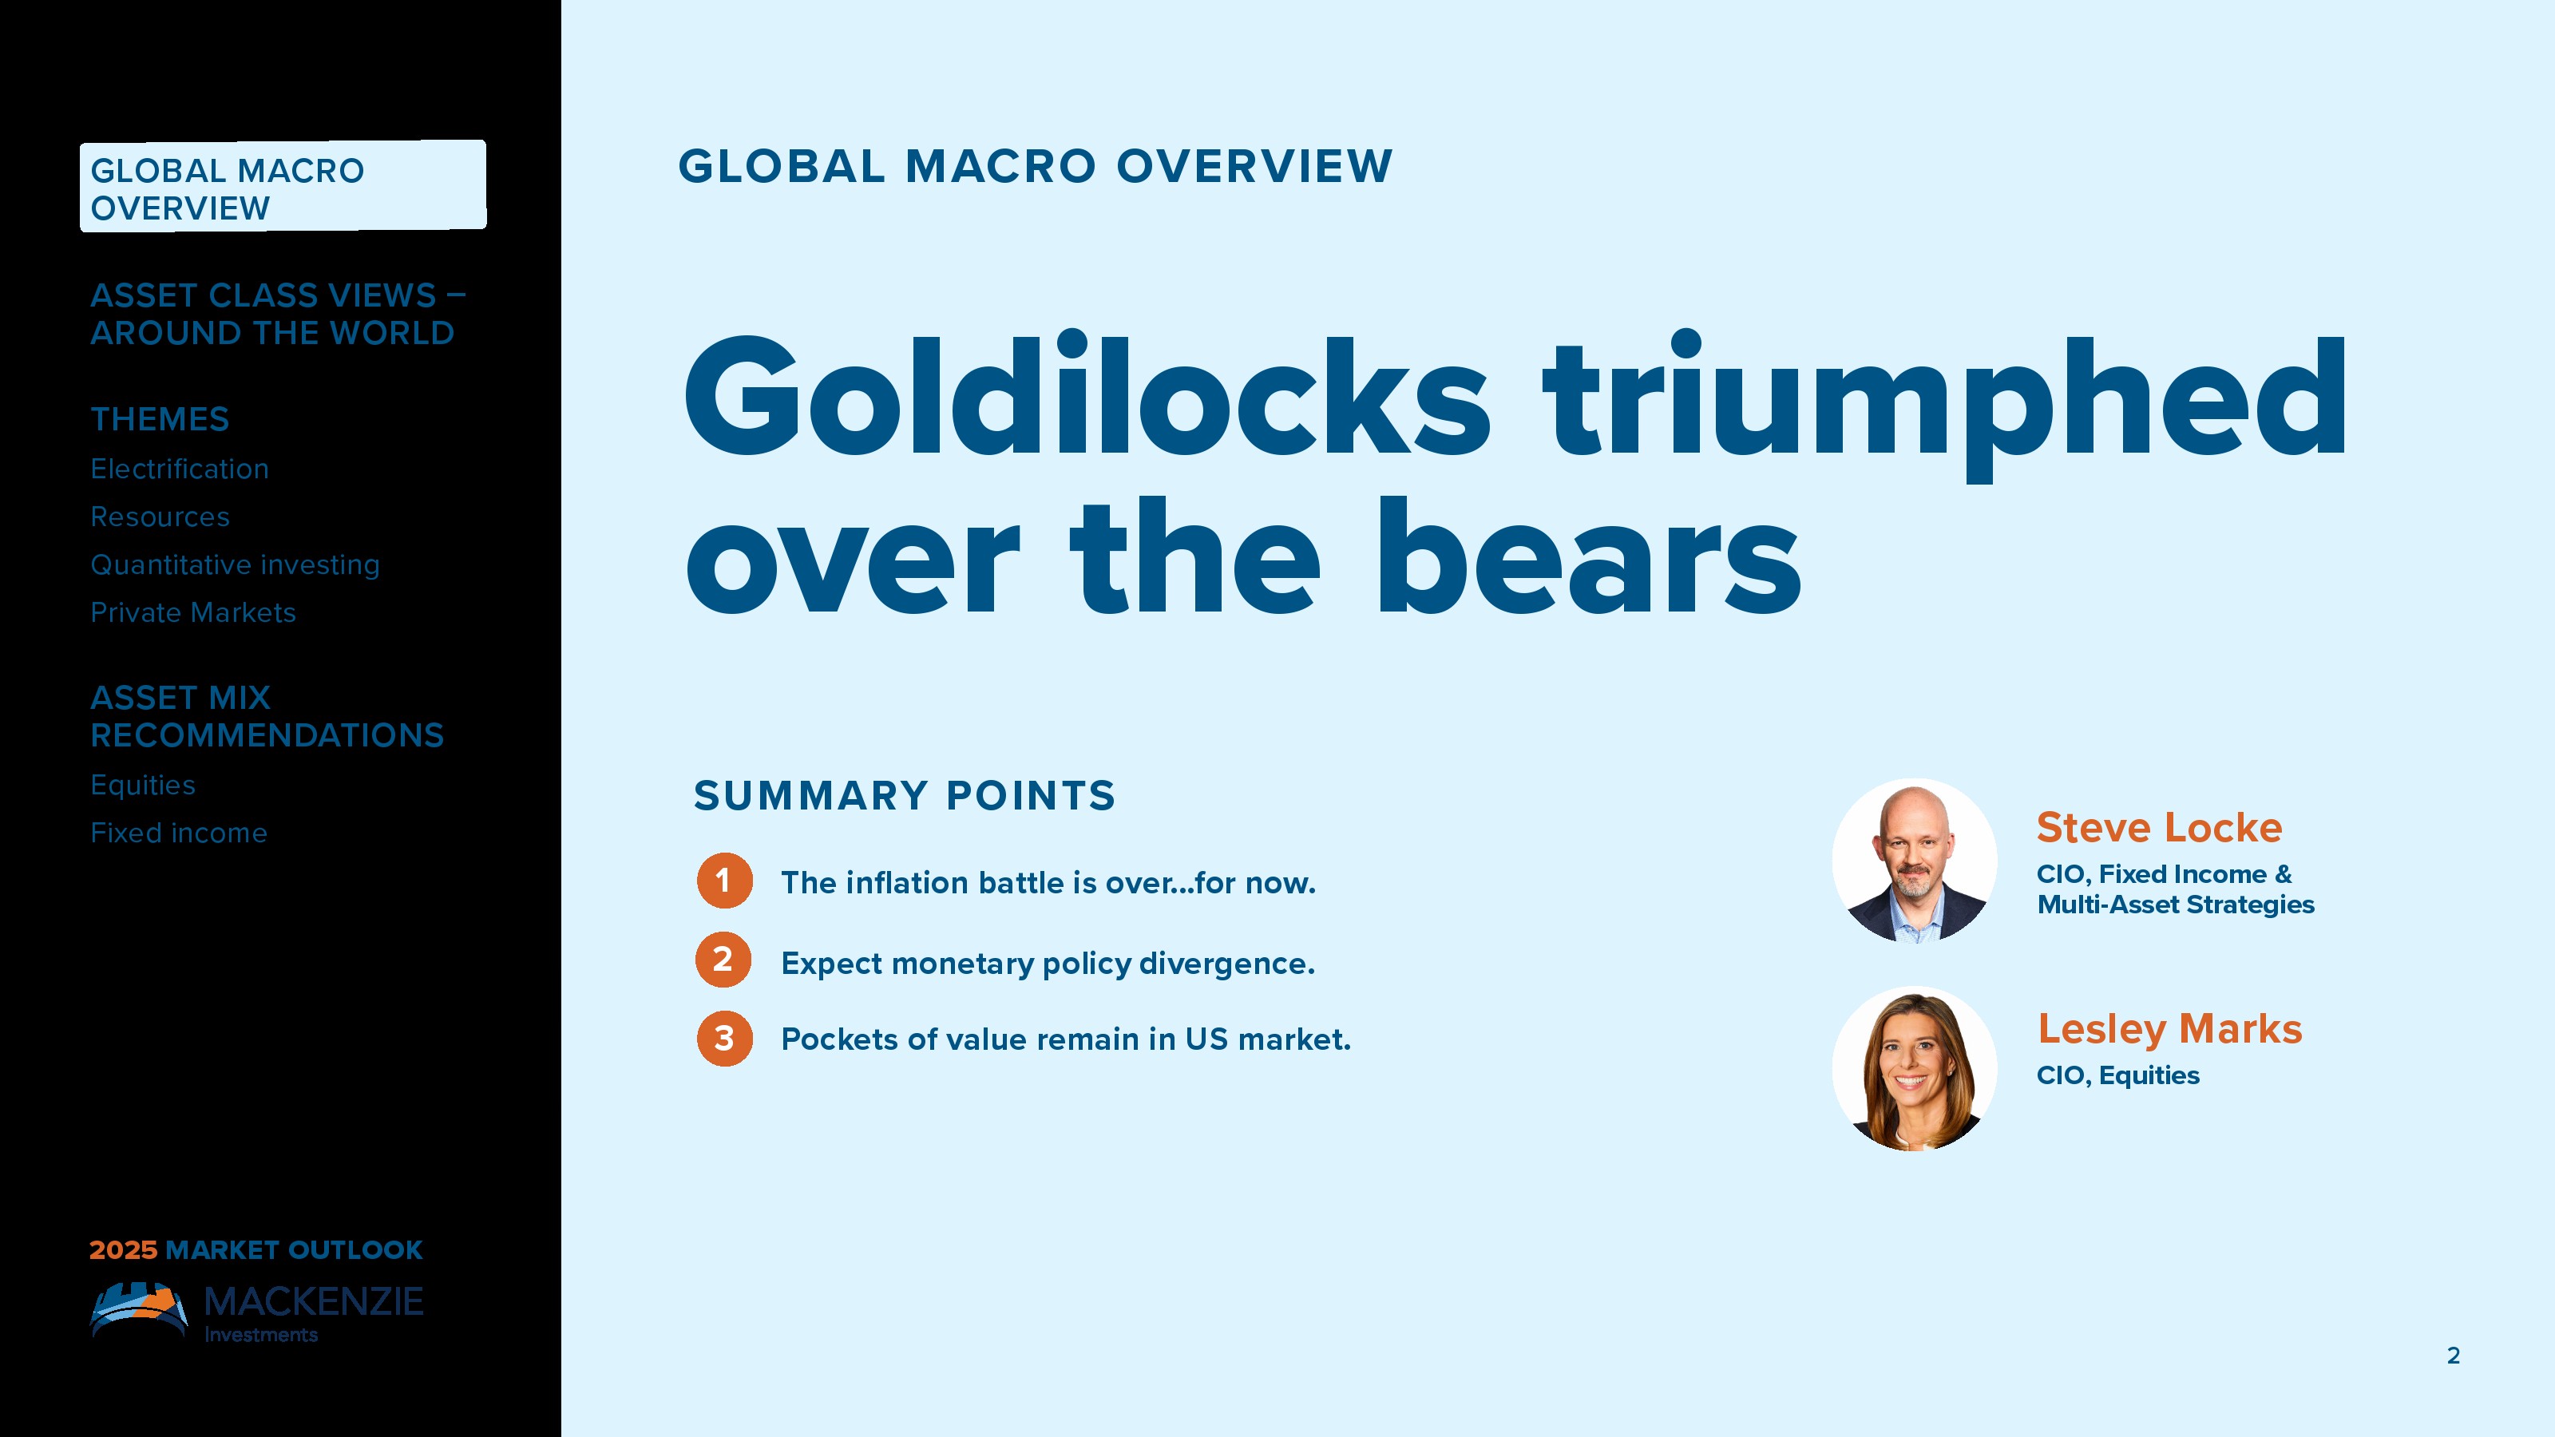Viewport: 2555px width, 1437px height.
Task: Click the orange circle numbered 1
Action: tap(724, 881)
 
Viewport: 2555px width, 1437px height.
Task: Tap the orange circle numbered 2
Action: tap(724, 960)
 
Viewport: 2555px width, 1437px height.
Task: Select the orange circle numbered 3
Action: tap(724, 1039)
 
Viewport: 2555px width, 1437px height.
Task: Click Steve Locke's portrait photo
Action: tap(1915, 861)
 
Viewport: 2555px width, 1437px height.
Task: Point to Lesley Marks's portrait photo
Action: tap(1915, 1069)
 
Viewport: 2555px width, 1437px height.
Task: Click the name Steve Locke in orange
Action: tap(2159, 827)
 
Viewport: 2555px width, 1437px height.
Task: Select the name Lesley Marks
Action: tap(2170, 1029)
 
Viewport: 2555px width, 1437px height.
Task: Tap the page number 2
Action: tap(2454, 1356)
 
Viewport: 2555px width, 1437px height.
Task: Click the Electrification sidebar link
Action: tap(180, 469)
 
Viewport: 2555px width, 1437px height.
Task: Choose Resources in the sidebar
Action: tap(160, 517)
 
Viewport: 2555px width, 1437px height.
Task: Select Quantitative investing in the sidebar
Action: tap(235, 565)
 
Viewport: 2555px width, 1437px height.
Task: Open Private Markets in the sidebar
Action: tap(193, 613)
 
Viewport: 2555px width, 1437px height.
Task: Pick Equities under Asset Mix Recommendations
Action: tap(143, 786)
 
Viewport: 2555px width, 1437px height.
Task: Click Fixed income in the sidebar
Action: tap(179, 833)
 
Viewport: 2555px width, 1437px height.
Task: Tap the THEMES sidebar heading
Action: tap(160, 419)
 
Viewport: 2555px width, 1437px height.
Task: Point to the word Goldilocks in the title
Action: tap(1086, 397)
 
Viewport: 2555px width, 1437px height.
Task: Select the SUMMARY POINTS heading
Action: tap(905, 795)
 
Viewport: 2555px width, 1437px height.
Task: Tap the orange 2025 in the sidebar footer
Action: tap(123, 1249)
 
